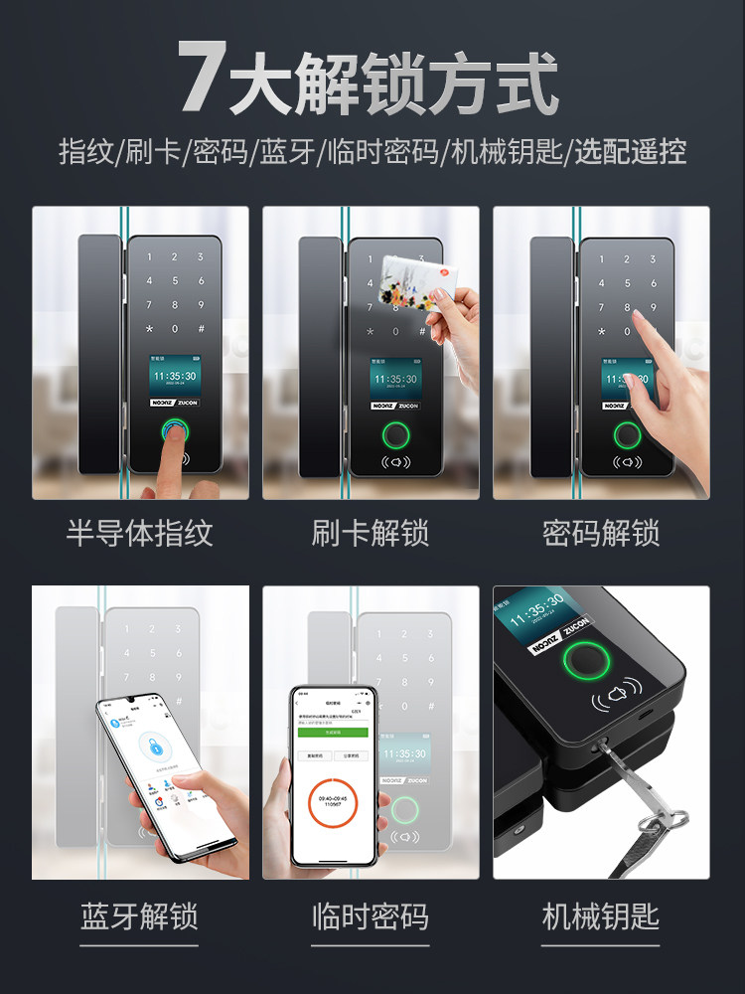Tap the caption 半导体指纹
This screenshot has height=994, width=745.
139,534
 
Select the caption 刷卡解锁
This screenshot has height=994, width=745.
371,534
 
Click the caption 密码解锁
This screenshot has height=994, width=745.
601,534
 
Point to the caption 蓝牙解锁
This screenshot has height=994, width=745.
139,916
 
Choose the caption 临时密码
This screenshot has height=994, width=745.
371,916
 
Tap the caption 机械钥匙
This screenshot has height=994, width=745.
601,916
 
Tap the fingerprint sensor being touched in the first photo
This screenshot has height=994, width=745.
176,432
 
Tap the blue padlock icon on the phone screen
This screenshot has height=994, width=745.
152,745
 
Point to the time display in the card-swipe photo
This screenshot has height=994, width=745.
394,379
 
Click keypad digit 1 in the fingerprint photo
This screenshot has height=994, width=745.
151,257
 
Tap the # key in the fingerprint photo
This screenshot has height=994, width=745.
201,329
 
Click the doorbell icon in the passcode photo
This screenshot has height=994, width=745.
627,462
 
